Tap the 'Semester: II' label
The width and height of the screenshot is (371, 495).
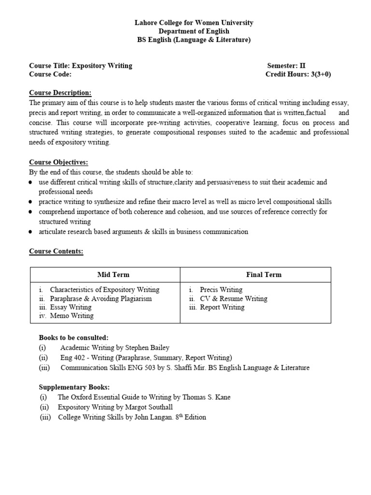click(x=286, y=66)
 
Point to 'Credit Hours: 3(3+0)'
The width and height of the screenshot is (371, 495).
click(x=298, y=74)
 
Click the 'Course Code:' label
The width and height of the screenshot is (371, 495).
click(x=50, y=74)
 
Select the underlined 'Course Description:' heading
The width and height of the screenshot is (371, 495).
click(x=60, y=93)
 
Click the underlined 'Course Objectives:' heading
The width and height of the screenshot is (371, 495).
click(x=58, y=162)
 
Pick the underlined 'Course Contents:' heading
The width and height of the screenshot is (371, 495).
click(x=56, y=251)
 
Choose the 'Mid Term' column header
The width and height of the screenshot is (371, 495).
click(x=114, y=275)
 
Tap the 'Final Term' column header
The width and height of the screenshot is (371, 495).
click(x=264, y=275)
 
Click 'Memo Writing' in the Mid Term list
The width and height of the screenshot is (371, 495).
click(x=72, y=316)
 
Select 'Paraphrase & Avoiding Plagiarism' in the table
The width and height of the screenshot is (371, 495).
click(x=101, y=298)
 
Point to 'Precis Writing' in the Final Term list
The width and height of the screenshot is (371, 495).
click(x=221, y=290)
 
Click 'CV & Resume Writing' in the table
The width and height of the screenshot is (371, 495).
click(x=233, y=298)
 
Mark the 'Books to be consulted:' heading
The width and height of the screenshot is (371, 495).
click(x=73, y=337)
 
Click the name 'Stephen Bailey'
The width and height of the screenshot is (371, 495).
click(x=147, y=348)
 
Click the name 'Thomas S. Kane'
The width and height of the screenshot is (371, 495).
click(x=206, y=397)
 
